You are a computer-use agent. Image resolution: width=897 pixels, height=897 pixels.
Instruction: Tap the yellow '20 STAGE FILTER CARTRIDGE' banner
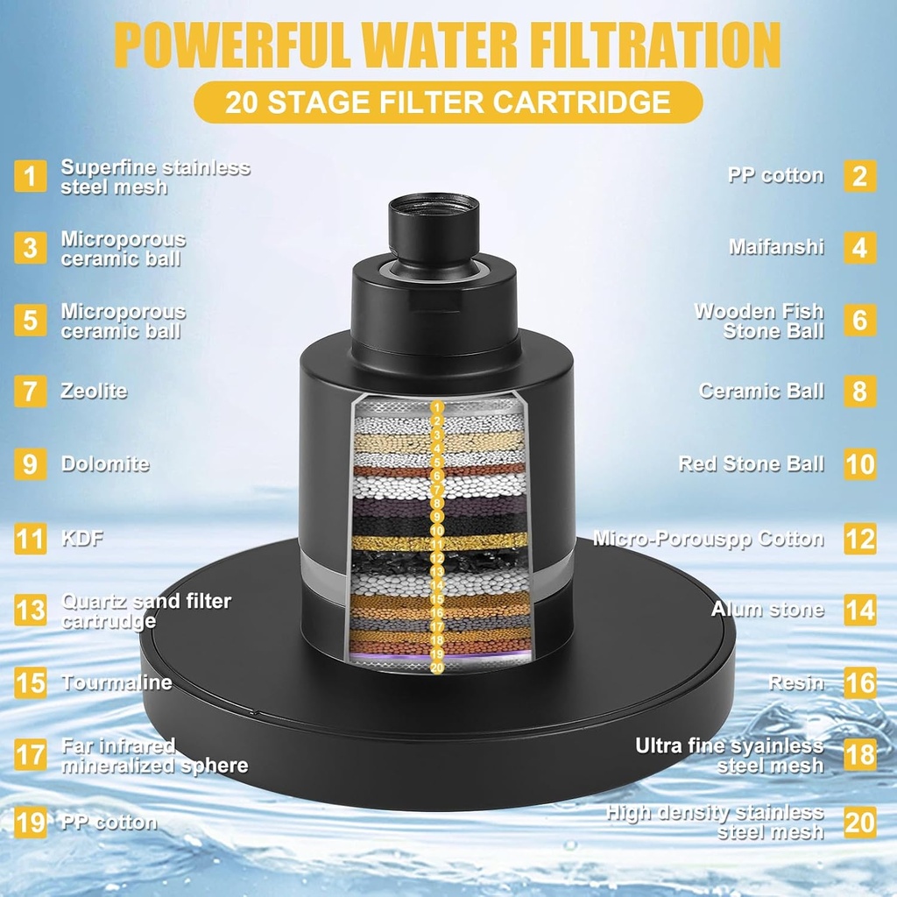pos(448,102)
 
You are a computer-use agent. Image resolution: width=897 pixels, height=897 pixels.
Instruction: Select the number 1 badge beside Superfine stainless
pos(31,176)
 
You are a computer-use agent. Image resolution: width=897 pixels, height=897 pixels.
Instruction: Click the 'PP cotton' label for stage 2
pos(775,175)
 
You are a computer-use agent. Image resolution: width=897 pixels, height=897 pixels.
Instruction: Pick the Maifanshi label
pos(776,247)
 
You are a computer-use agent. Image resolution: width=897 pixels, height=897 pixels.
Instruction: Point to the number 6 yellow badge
pos(859,321)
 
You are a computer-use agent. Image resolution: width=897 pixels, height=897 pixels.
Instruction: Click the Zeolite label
pos(94,391)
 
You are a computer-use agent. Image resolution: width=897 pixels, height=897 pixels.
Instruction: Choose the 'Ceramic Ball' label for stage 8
pos(761,391)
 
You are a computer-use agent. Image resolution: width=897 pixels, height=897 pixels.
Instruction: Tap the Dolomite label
pos(105,463)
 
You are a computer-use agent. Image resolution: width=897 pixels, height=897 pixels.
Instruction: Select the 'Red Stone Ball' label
pos(751,463)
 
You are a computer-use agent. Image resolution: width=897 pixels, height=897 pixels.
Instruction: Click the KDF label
pos(82,538)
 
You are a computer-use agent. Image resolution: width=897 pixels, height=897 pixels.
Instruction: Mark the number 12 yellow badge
pos(859,539)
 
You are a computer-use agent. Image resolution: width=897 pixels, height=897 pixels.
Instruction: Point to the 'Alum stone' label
pos(767,609)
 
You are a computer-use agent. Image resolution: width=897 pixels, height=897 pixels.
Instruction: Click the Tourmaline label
pos(117,682)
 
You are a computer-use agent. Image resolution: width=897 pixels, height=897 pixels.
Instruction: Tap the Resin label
pos(796,682)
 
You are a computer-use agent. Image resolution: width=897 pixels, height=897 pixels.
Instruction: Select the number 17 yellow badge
pos(31,755)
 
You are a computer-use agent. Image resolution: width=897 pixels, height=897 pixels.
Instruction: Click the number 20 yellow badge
pos(859,823)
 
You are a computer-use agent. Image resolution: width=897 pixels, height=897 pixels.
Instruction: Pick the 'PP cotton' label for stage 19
pos(109,823)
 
